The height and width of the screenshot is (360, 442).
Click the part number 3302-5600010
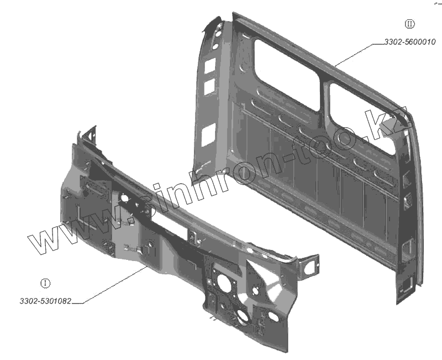tap(409, 41)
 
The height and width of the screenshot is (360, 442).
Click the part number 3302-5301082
tap(45, 302)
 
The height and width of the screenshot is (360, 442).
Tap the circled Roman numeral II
tap(409, 24)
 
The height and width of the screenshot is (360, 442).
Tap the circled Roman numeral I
tap(45, 283)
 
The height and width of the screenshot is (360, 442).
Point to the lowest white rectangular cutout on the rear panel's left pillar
tap(209, 134)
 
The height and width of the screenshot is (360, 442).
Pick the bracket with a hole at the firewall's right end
tap(311, 264)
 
